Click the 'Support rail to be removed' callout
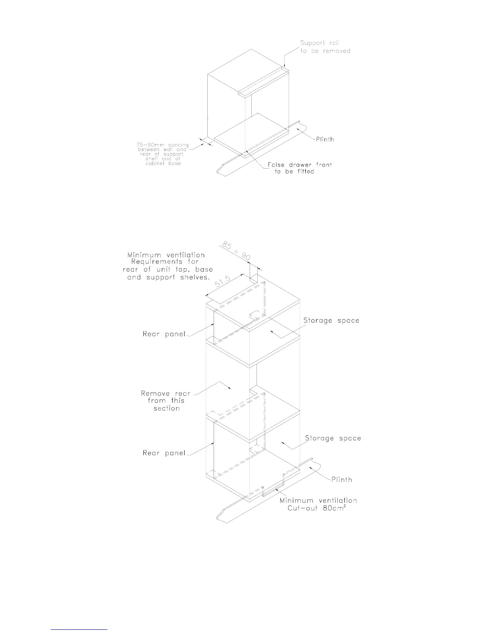(325, 47)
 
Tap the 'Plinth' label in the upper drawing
(325, 139)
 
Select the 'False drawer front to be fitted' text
(300, 168)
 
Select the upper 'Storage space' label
(331, 320)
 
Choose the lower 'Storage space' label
(333, 438)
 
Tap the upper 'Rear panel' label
(164, 334)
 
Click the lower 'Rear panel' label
(164, 453)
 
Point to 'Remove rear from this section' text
(166, 401)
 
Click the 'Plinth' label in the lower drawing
(342, 480)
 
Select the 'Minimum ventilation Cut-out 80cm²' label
(318, 504)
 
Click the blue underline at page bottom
(79, 629)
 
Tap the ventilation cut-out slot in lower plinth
(273, 490)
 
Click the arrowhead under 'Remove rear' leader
(228, 387)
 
